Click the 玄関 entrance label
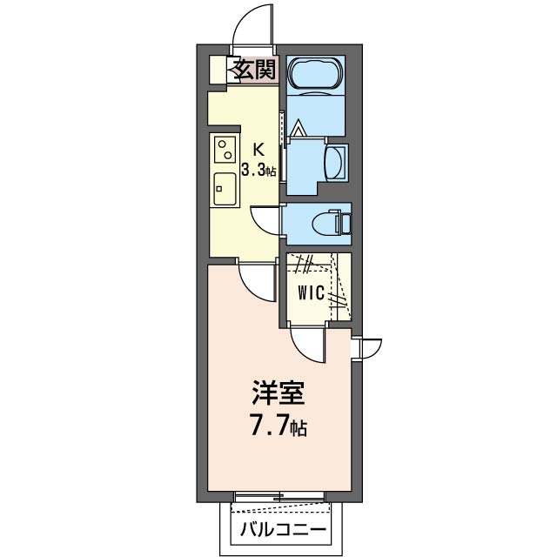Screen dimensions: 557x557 coord(253,70)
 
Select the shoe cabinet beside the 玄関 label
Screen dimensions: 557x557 coord(218,70)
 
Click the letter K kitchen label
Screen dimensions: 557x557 coord(258,148)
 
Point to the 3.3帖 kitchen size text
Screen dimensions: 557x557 coord(258,171)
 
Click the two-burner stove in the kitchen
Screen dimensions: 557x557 coord(225,151)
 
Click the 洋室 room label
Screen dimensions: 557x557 coord(278,394)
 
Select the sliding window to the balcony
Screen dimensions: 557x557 coord(279,497)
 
